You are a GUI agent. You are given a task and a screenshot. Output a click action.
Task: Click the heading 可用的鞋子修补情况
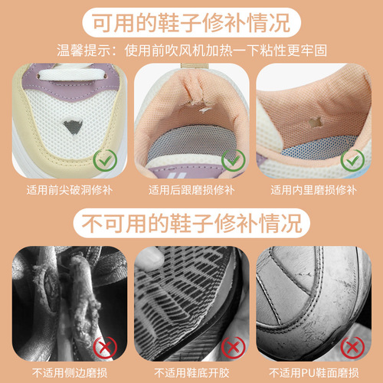pos(191,23)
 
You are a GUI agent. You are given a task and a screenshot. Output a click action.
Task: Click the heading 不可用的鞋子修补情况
pos(191,224)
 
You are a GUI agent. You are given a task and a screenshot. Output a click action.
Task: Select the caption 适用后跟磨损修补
pos(191,189)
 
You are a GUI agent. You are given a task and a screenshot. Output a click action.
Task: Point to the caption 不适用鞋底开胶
pos(191,372)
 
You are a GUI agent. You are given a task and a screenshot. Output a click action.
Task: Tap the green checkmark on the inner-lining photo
pos(352,162)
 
